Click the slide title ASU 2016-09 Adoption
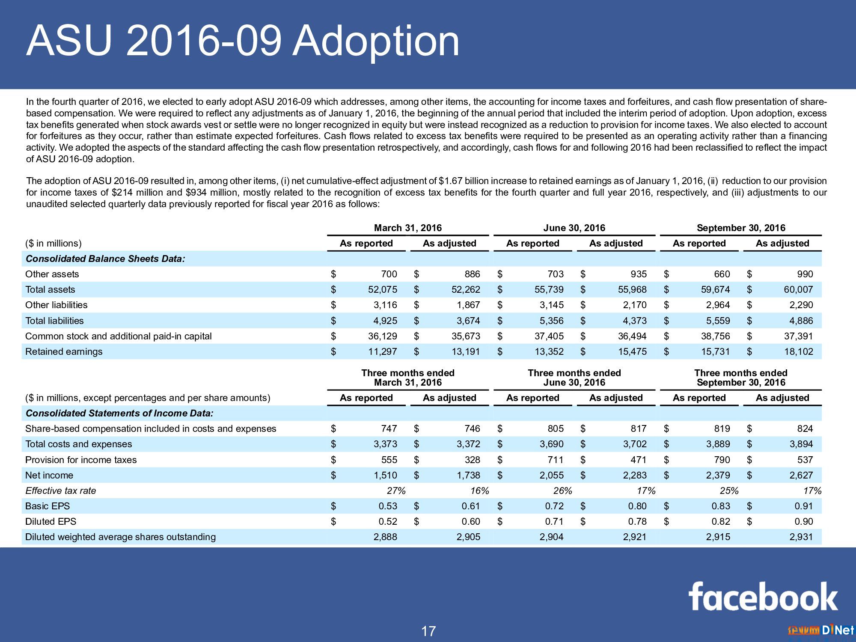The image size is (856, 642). pos(243,41)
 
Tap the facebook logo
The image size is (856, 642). pos(763,596)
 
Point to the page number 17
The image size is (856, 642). pos(428,631)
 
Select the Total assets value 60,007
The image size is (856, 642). pos(798,290)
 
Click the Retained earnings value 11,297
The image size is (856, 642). pos(383,352)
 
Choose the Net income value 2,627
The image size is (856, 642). pos(801,476)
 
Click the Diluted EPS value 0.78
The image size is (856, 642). pos(637,522)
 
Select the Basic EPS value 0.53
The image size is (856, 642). pos(388,506)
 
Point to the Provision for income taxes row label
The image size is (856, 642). pos(81,460)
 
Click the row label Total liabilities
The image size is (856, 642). pos(54,321)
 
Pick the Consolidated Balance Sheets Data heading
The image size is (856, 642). pos(105,259)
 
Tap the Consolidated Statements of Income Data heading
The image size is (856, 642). pos(119,413)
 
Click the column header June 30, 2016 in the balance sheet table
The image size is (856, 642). pos(574,228)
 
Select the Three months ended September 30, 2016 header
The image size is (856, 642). pos(741,378)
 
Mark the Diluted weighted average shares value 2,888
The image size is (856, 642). pos(385,537)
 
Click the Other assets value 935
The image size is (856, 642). pos(639,274)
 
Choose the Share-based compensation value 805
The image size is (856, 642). pos(556,429)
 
